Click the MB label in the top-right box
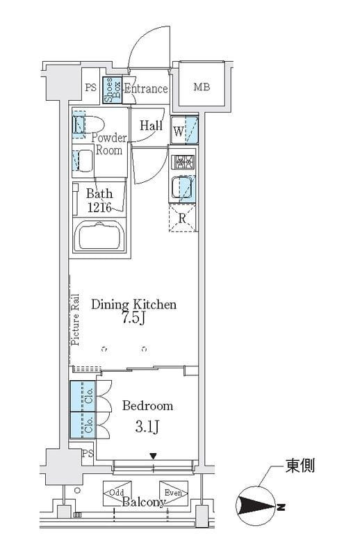(x=202, y=88)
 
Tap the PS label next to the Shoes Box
(x=91, y=88)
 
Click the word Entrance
(x=146, y=89)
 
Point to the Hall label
(x=151, y=126)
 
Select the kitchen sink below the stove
(x=183, y=188)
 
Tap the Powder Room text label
(x=108, y=144)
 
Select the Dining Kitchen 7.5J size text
(x=134, y=318)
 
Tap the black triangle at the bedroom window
(x=154, y=457)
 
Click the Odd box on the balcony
(x=116, y=492)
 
